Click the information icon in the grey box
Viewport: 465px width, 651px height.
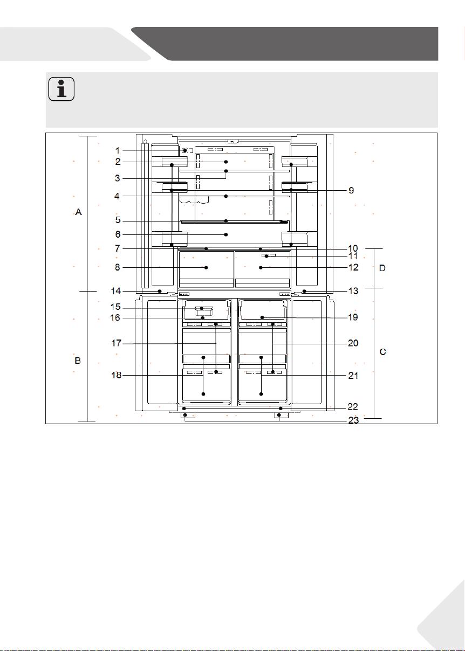pyautogui.click(x=61, y=89)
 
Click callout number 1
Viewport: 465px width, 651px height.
pyautogui.click(x=118, y=150)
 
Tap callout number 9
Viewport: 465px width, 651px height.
pyautogui.click(x=351, y=190)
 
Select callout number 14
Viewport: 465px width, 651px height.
pyautogui.click(x=116, y=291)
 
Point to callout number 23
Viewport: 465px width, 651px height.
pyautogui.click(x=353, y=420)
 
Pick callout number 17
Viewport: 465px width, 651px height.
pyautogui.click(x=116, y=343)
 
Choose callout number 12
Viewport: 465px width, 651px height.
pyautogui.click(x=353, y=267)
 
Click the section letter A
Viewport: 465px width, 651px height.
pyautogui.click(x=78, y=212)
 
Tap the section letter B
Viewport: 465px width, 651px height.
pyautogui.click(x=78, y=361)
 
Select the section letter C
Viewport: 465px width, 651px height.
pyautogui.click(x=382, y=352)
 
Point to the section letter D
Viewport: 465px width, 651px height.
pyautogui.click(x=382, y=268)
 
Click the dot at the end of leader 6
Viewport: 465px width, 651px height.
pyautogui.click(x=226, y=234)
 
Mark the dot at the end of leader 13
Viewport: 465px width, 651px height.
pyautogui.click(x=304, y=291)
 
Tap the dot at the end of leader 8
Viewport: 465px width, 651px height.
pyautogui.click(x=206, y=267)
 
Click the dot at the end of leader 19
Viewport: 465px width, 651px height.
pyautogui.click(x=262, y=317)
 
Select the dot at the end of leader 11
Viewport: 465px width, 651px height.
pyautogui.click(x=266, y=256)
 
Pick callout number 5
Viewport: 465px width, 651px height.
pyautogui.click(x=118, y=220)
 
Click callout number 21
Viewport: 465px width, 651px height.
pyautogui.click(x=353, y=376)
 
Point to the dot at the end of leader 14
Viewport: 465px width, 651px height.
pyautogui.click(x=160, y=291)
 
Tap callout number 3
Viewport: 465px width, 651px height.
pyautogui.click(x=117, y=178)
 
